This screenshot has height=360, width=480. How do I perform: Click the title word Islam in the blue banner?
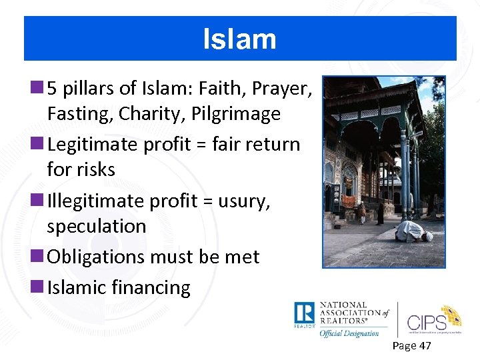(239, 39)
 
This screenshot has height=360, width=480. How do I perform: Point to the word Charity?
(144, 114)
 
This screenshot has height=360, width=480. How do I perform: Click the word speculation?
(97, 227)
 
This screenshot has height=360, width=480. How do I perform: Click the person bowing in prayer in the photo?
(414, 232)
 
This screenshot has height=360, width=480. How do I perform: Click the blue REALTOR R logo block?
(304, 313)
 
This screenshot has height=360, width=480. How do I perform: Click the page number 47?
(424, 345)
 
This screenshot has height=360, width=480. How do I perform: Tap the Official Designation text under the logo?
(349, 333)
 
